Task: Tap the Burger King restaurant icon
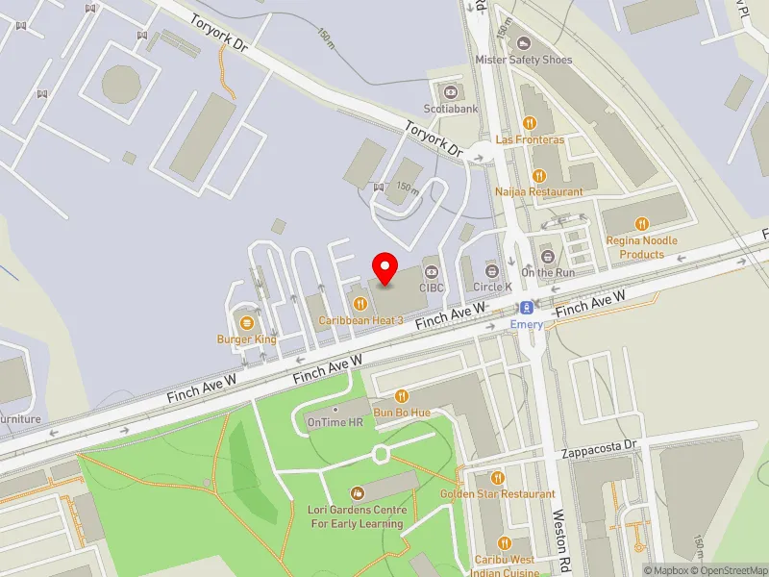[247, 321]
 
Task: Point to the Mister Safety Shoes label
[524, 60]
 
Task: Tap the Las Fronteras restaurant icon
[529, 122]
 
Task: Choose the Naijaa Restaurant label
[538, 191]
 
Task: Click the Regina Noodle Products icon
[642, 224]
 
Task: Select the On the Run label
[548, 272]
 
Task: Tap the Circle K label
[492, 287]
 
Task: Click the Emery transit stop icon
[527, 308]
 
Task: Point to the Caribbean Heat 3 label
[360, 319]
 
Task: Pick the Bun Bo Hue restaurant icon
[402, 395]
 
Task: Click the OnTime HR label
[335, 422]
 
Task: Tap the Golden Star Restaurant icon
[498, 477]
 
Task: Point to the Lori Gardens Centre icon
[358, 492]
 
